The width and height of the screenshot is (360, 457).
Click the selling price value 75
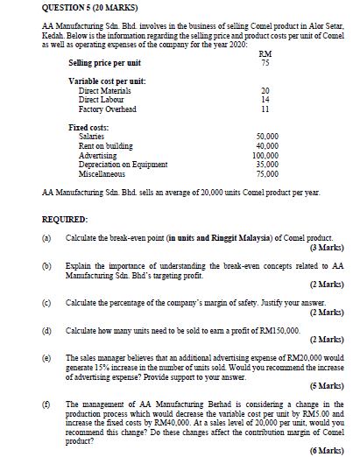[x=265, y=63]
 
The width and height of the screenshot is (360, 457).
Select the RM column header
[x=265, y=53]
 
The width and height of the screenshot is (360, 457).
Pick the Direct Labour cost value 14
[x=265, y=100]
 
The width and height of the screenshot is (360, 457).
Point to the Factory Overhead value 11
[x=265, y=109]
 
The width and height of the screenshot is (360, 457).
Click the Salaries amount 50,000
[x=267, y=138]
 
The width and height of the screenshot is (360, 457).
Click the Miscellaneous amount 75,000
[x=267, y=173]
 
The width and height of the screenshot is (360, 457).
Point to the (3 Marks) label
[x=330, y=248]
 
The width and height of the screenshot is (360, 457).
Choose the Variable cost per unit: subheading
[x=107, y=81]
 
